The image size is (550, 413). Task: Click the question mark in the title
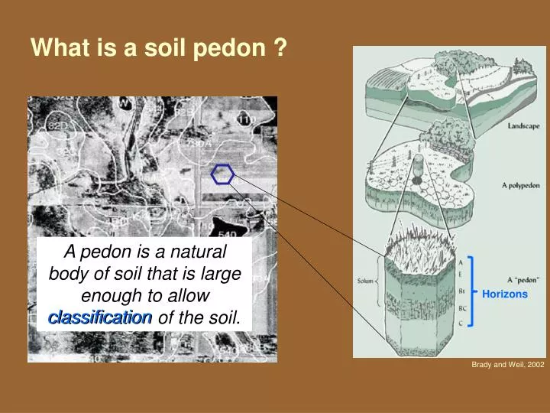click(280, 48)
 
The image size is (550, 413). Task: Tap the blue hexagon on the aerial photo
click(222, 174)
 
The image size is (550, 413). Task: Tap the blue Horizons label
click(504, 294)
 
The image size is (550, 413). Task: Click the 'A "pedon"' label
click(522, 279)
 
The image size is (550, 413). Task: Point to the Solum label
click(365, 281)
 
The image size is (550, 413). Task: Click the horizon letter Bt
click(461, 291)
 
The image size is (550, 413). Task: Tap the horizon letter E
click(460, 274)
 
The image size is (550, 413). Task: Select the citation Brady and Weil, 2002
click(508, 366)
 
